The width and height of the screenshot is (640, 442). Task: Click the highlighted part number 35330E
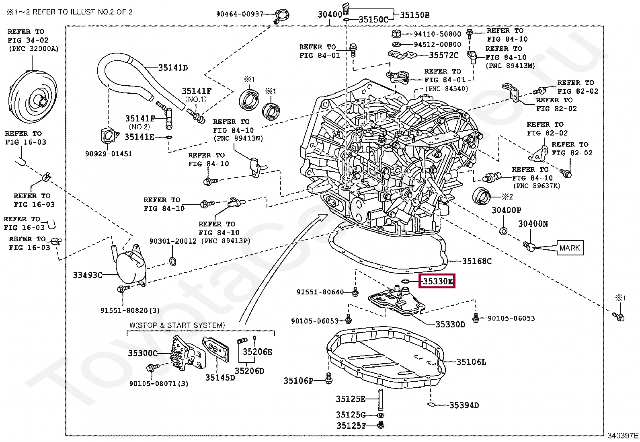(x=437, y=281)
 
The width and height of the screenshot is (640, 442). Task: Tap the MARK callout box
(x=570, y=248)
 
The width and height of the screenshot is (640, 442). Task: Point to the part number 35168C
(x=477, y=261)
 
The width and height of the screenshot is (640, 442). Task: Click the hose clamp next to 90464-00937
(x=281, y=15)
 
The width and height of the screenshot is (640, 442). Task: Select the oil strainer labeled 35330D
(x=396, y=301)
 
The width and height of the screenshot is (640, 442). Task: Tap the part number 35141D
(x=173, y=68)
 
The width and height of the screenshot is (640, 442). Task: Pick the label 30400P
(x=506, y=210)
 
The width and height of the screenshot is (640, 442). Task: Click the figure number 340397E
(x=623, y=436)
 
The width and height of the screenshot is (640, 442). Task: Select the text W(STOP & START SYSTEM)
(x=177, y=325)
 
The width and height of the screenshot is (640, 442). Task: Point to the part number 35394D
(x=464, y=405)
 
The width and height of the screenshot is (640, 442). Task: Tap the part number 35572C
(x=444, y=55)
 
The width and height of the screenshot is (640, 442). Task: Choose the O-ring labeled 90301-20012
(x=173, y=261)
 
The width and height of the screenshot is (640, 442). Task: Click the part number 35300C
(x=143, y=353)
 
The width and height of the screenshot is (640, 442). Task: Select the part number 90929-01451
(x=109, y=154)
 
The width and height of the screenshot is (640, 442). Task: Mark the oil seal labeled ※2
(x=481, y=196)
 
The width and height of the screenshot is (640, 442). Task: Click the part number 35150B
(x=414, y=15)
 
